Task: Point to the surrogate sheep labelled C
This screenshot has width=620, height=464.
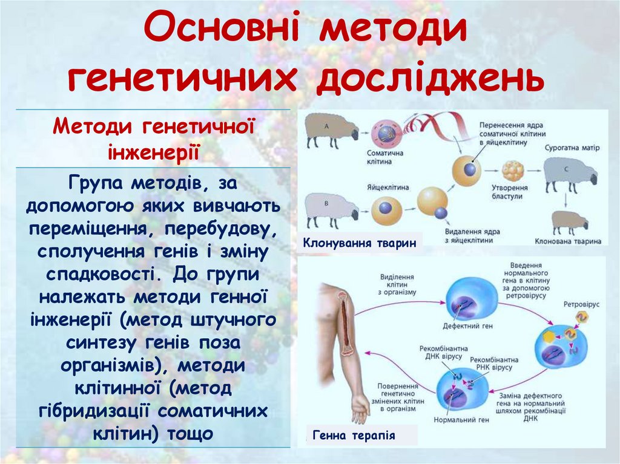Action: coord(569,172)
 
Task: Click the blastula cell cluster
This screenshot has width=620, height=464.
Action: coord(512,171)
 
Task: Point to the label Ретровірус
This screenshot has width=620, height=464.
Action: coord(581,303)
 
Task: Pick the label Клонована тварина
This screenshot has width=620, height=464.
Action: coord(568,241)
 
